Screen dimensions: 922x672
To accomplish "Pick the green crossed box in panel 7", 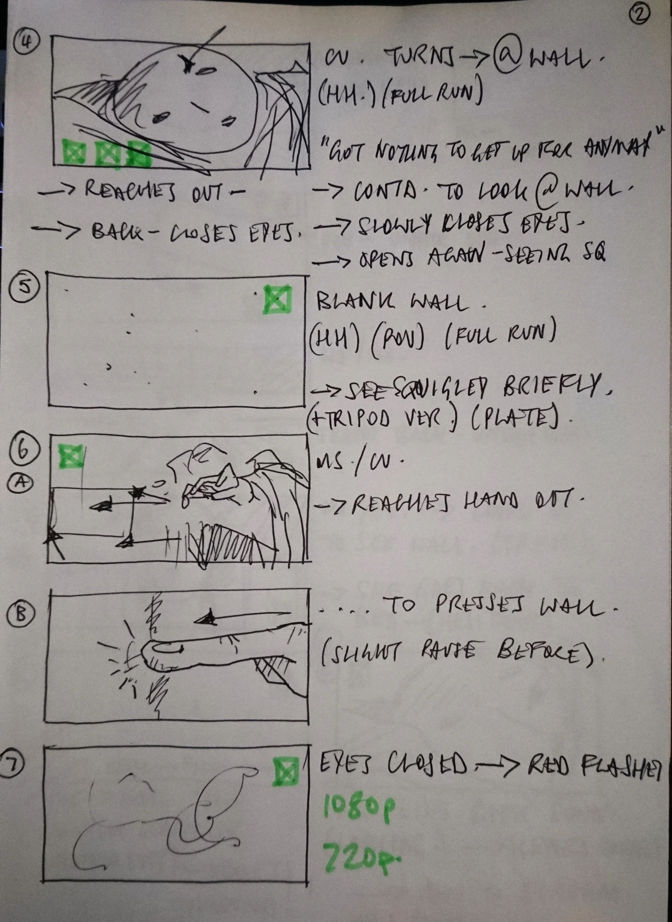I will coord(285,771).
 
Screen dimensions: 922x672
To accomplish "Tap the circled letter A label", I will coord(20,483).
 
